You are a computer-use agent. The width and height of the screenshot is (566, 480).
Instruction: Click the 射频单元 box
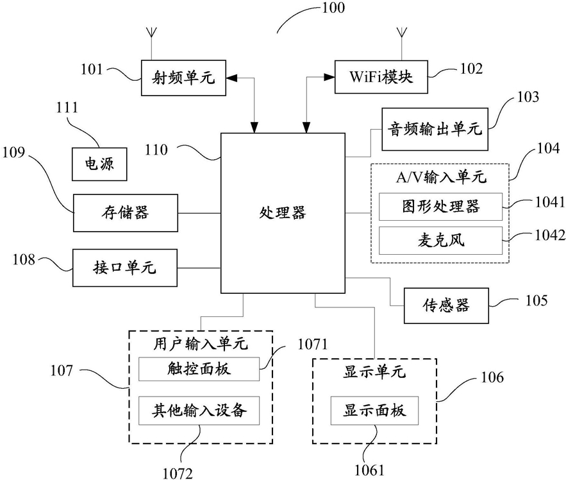click(183, 78)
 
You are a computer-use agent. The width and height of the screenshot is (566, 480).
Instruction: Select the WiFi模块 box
click(381, 77)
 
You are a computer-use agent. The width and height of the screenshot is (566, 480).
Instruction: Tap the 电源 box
click(99, 164)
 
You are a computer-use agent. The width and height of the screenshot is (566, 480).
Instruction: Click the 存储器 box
click(126, 213)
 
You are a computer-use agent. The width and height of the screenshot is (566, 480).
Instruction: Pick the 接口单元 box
click(125, 268)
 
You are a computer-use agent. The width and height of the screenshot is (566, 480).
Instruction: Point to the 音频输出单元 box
click(435, 129)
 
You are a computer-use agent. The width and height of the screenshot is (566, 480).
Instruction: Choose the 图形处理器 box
click(440, 207)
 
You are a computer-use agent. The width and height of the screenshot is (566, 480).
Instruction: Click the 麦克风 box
click(440, 241)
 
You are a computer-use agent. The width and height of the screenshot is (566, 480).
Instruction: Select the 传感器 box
click(446, 305)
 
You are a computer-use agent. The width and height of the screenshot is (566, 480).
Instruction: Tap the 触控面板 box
click(199, 369)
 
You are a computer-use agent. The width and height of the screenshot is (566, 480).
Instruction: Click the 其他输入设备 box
click(199, 411)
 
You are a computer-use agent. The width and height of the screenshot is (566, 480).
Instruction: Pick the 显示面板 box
click(374, 411)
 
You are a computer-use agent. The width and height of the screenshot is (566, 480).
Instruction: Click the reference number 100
click(333, 8)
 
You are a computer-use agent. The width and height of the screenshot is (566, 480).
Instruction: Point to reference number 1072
click(178, 473)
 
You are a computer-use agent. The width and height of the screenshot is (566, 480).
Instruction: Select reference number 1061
click(369, 470)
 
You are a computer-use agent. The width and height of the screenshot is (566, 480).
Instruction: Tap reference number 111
click(67, 107)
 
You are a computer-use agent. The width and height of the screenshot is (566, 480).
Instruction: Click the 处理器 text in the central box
click(283, 212)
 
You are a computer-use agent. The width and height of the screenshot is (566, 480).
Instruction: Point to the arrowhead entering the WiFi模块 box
click(329, 77)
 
